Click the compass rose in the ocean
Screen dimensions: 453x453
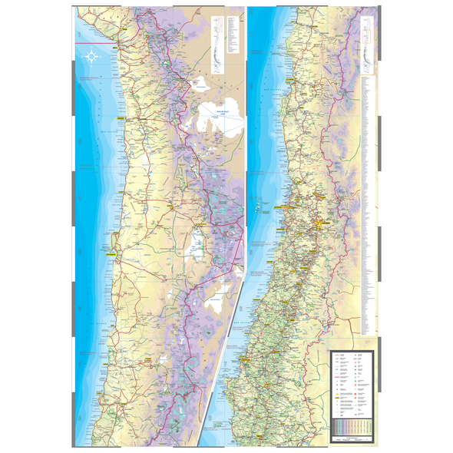(x=92, y=55)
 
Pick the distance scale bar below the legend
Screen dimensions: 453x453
(x=351, y=436)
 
